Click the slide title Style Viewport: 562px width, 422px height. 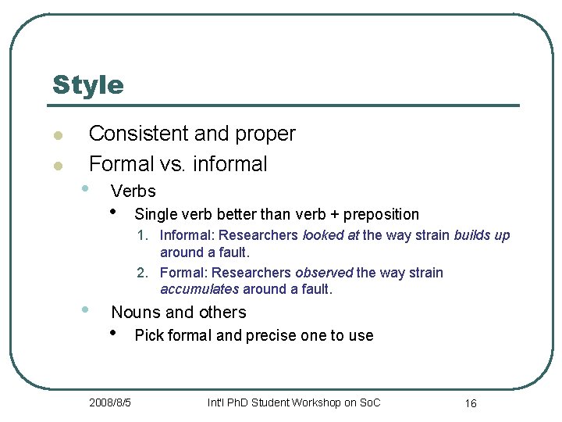tap(87, 84)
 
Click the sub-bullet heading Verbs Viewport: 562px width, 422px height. tap(133, 191)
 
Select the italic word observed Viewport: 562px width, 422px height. tap(324, 273)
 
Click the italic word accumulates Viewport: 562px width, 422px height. tap(199, 289)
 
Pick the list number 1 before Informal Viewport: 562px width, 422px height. tap(141, 235)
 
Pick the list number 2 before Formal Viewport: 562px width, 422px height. tap(141, 273)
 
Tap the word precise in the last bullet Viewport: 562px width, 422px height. tap(273, 336)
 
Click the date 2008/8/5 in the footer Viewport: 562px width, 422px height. tap(110, 402)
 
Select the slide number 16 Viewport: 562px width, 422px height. tap(471, 403)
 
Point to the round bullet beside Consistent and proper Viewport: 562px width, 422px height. tap(57, 136)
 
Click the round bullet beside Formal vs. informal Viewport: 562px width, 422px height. tap(57, 166)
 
